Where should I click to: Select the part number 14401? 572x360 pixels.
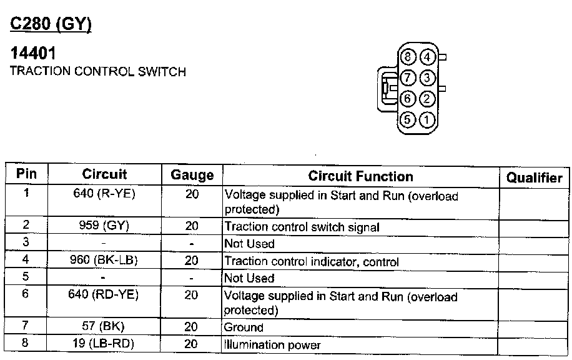pos(33,54)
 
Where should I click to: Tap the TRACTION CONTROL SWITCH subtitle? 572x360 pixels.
pos(98,71)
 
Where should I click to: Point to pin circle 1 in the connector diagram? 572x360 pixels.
pos(427,119)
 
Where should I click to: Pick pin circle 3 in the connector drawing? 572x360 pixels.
pos(427,78)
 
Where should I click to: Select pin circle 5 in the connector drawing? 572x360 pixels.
pos(408,119)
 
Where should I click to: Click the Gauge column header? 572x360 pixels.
pos(192,176)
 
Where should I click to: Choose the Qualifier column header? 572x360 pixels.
pos(534,177)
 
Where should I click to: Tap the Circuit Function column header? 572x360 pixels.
pos(360,176)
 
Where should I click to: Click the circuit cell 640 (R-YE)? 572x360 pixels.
pos(104,194)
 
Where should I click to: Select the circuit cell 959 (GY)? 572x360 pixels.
pos(104,226)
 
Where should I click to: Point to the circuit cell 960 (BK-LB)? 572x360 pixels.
pos(104,261)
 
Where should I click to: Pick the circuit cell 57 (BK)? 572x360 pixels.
pos(104,326)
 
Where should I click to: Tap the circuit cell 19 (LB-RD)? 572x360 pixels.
pos(104,344)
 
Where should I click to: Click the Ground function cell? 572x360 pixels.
pos(244,327)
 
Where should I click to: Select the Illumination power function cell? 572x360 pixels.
pos(272,344)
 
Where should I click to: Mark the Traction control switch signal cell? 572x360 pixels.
pos(302,227)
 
